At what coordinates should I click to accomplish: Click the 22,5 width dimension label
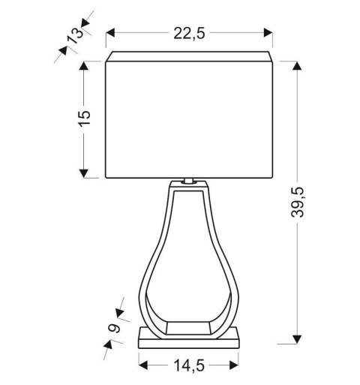pyautogui.click(x=189, y=33)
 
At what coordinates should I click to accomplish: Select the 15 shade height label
pyautogui.click(x=84, y=118)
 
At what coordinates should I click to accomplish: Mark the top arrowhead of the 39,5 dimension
pyautogui.click(x=298, y=67)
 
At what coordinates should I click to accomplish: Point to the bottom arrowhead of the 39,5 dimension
pyautogui.click(x=298, y=338)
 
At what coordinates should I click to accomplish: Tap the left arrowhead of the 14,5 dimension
pyautogui.click(x=143, y=365)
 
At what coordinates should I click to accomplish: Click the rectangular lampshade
pyautogui.click(x=189, y=120)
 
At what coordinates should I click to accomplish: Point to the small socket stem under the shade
pyautogui.click(x=188, y=181)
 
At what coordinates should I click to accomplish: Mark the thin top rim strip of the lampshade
pyautogui.click(x=189, y=56)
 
